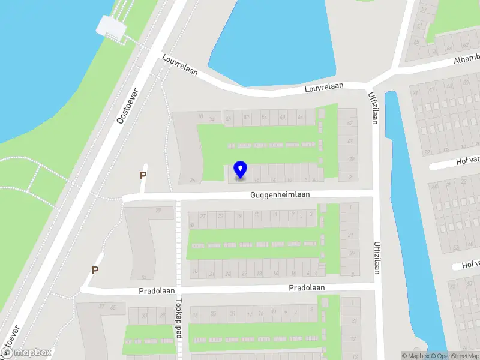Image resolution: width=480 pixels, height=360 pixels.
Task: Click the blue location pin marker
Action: [x=240, y=170]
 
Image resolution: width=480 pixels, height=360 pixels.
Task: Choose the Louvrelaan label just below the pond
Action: [x=323, y=86]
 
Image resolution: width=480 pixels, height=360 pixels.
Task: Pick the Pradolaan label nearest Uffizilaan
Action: [x=307, y=288]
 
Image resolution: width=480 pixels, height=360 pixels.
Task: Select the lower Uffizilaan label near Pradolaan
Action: [x=377, y=257]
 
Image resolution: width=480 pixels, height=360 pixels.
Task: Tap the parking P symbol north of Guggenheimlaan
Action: [x=143, y=176]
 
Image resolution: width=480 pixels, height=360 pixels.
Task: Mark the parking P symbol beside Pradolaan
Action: [x=95, y=271]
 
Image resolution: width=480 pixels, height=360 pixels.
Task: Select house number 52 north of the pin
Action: [x=247, y=118]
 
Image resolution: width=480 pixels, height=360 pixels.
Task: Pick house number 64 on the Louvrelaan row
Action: [x=299, y=118]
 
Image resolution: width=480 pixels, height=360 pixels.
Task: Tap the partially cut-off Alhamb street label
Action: [x=466, y=61]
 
